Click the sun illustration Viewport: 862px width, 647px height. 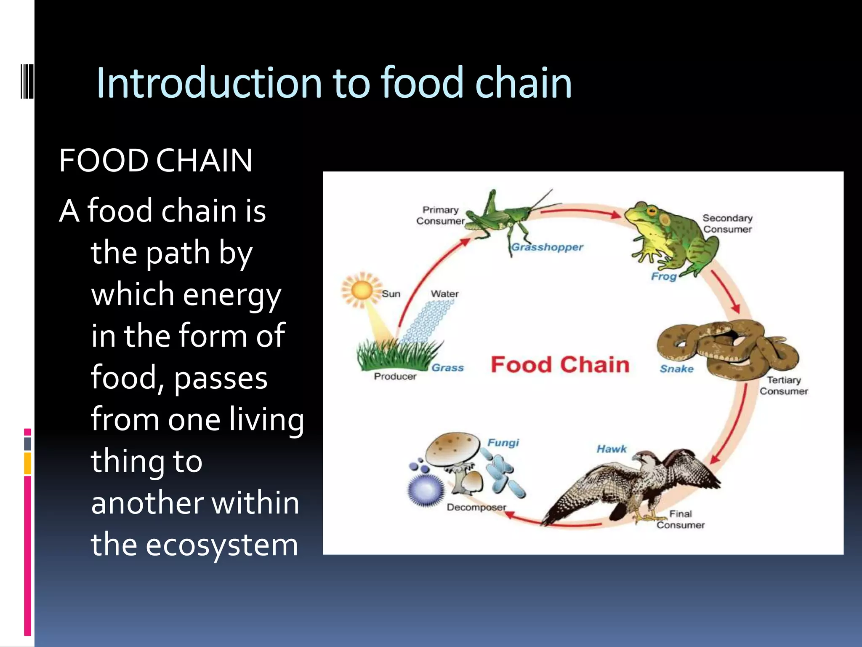361,291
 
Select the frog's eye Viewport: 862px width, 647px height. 652,211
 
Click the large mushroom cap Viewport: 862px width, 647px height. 452,449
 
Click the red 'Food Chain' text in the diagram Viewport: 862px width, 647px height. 560,365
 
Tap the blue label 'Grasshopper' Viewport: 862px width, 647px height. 547,247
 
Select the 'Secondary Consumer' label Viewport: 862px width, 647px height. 727,224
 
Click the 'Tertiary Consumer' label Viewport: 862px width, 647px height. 783,385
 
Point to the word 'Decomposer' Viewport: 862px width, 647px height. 476,508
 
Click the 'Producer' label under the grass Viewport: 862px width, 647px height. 395,377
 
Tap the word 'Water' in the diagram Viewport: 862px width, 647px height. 444,294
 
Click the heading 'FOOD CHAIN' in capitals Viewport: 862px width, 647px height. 156,161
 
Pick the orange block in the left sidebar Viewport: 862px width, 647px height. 28,463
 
